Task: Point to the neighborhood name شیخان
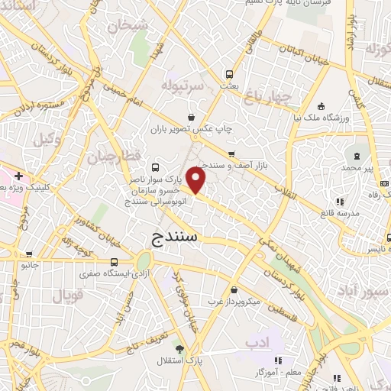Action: (127, 25)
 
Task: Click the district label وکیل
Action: (48, 140)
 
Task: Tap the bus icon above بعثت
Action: (229, 75)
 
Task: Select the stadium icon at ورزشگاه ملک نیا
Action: (322, 105)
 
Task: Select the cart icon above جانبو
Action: (29, 254)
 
